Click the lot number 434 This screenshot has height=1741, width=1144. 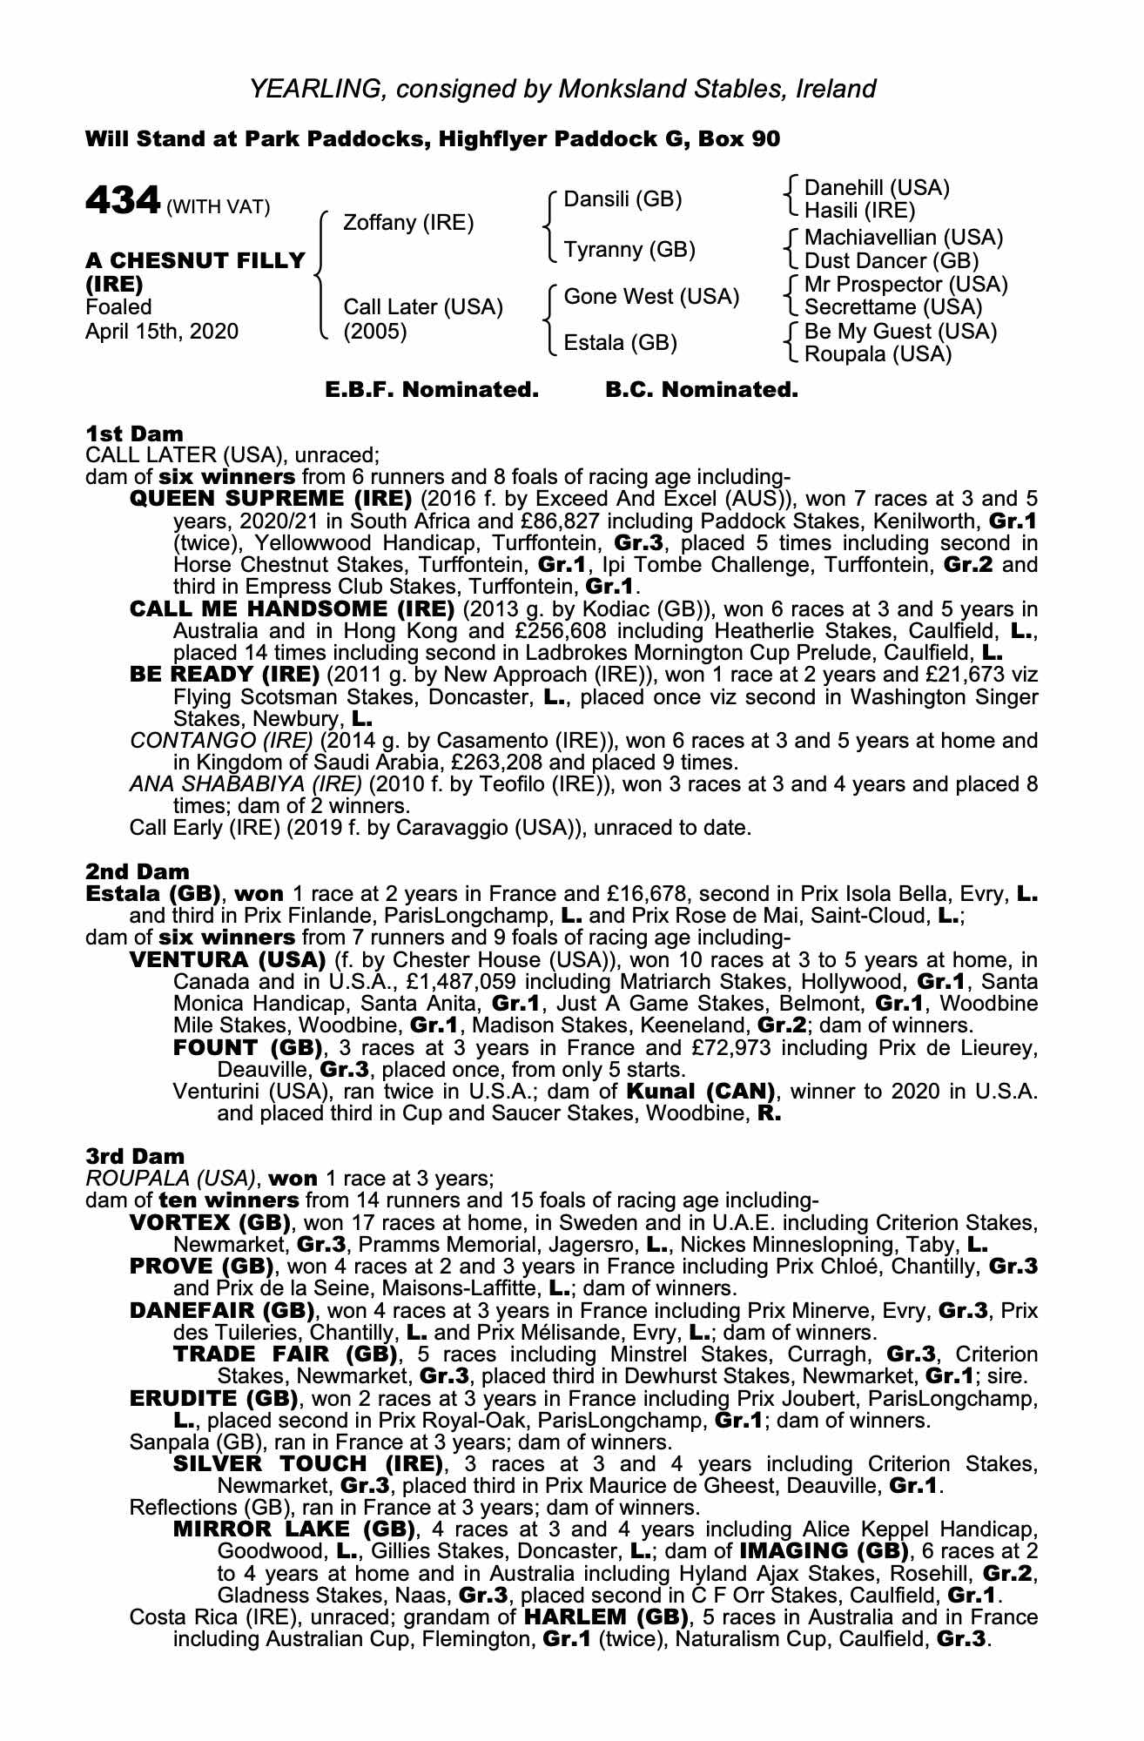tap(122, 201)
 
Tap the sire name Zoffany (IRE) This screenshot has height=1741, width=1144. tap(408, 223)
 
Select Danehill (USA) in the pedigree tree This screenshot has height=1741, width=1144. tap(876, 188)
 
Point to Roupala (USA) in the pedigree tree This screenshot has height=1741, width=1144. tap(878, 354)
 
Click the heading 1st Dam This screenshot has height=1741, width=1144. tap(134, 434)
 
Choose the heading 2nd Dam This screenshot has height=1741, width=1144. tap(137, 871)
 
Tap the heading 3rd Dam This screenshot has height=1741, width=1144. tap(135, 1156)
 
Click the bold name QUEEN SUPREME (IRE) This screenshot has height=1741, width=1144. tap(270, 500)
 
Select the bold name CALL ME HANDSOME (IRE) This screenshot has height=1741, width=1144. tap(292, 608)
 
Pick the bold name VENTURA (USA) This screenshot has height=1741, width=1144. tap(226, 960)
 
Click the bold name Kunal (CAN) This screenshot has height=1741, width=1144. tap(700, 1091)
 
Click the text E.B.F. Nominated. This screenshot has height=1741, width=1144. tap(432, 390)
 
